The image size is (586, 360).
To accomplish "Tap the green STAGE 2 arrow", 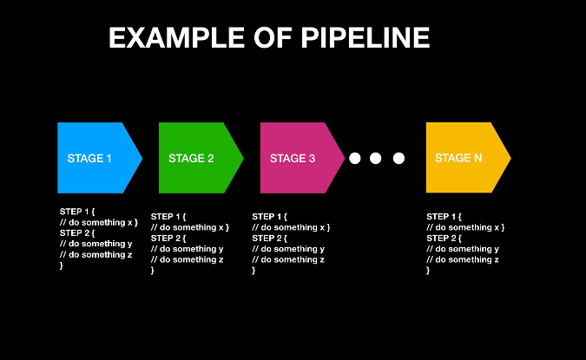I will pyautogui.click(x=199, y=158).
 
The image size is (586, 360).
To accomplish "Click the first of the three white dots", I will pyautogui.click(x=354, y=158).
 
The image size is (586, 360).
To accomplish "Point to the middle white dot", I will pyautogui.click(x=376, y=158).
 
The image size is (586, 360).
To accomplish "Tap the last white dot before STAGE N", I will pyautogui.click(x=398, y=158).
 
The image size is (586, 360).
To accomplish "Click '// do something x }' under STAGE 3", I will pyautogui.click(x=291, y=227).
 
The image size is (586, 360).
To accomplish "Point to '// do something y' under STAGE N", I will pyautogui.click(x=463, y=249).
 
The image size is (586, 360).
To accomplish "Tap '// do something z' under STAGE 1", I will pyautogui.click(x=95, y=255).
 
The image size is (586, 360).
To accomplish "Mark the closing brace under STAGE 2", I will pyautogui.click(x=153, y=271).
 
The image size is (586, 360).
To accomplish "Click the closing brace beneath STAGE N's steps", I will pyautogui.click(x=428, y=271).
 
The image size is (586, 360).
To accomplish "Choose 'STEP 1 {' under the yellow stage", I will pyautogui.click(x=444, y=216).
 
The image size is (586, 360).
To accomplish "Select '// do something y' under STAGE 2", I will pyautogui.click(x=187, y=249).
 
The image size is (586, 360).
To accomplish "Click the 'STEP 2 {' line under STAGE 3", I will pyautogui.click(x=270, y=238).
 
